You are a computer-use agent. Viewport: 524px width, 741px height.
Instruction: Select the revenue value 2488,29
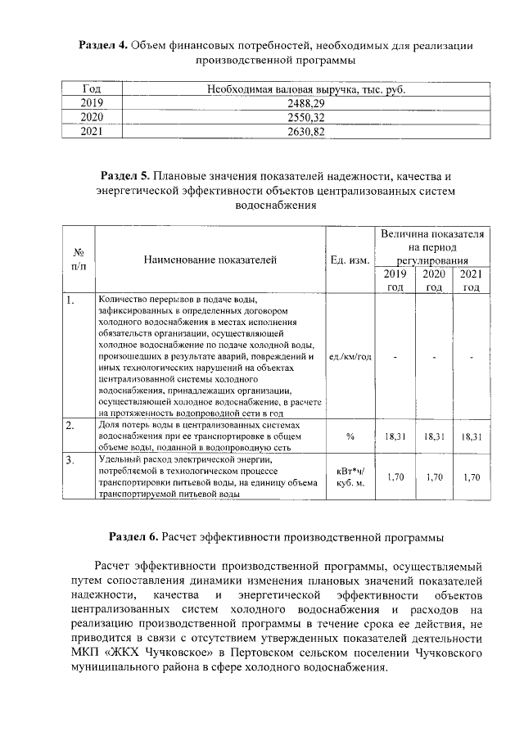(x=306, y=103)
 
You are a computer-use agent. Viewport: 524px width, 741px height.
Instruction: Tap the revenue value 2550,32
(x=306, y=117)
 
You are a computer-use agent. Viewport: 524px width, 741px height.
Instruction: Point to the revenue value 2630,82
(x=306, y=131)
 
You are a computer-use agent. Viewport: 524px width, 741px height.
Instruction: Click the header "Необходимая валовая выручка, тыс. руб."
(x=306, y=89)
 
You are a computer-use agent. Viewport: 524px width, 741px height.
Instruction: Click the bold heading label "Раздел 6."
(x=133, y=537)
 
